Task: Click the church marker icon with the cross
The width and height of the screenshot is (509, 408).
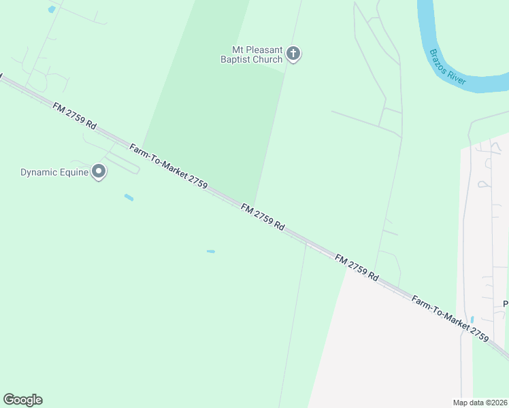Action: point(293,54)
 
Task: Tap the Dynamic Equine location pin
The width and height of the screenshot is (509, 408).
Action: point(99,171)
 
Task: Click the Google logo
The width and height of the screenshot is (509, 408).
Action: point(22,400)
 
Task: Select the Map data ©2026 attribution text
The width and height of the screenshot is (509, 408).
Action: point(480,403)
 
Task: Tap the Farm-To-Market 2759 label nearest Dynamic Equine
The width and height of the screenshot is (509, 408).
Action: point(168,167)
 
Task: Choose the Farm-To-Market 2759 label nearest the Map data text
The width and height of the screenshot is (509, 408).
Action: point(450,319)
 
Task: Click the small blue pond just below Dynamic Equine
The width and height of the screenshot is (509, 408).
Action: point(129,198)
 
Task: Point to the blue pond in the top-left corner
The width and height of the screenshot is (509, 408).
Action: point(52,10)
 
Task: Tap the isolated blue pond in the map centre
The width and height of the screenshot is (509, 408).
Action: point(211,252)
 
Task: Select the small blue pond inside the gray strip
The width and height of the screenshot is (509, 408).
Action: point(472,319)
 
